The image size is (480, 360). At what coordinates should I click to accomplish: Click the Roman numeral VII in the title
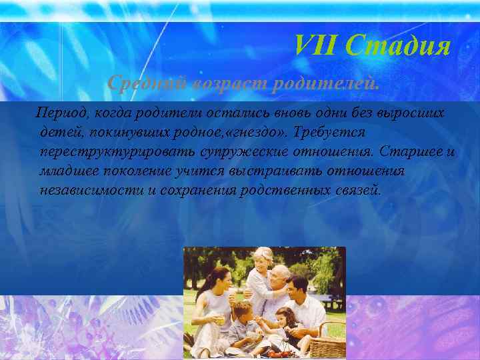pos(317,47)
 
